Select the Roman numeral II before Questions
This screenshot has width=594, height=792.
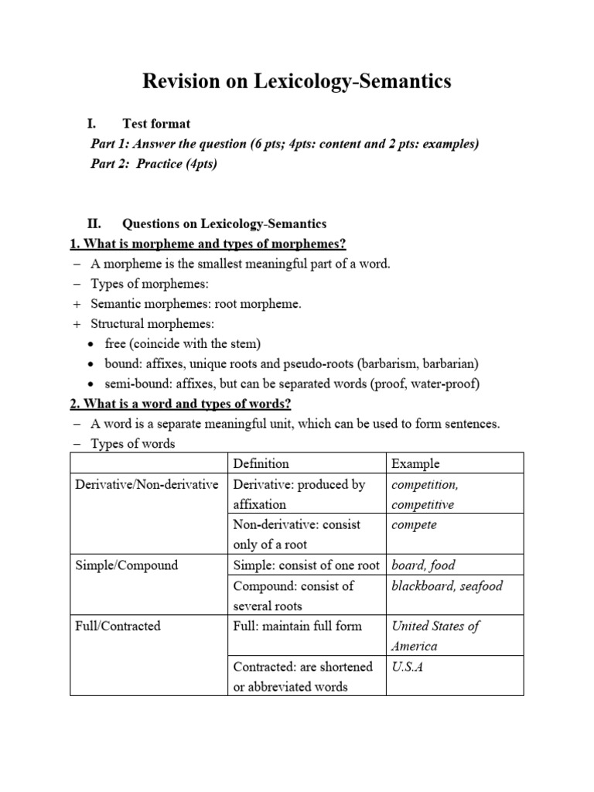pos(94,224)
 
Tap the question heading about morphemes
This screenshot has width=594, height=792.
pos(208,244)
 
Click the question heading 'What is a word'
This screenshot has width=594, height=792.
pos(180,405)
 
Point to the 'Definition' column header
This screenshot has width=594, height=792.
pos(261,464)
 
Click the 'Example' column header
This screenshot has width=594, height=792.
pos(415,464)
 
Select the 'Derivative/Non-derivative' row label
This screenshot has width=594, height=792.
pos(147,485)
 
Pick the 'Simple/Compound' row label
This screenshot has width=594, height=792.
pos(126,565)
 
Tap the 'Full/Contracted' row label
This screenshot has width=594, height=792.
pos(118,626)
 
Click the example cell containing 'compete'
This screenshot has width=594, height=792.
pos(414,525)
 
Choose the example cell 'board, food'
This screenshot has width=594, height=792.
pos(422,565)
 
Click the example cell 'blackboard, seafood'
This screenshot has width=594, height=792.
pos(447,585)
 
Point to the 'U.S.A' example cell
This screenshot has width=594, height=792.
pos(408,667)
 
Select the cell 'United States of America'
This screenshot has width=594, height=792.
pos(435,636)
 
